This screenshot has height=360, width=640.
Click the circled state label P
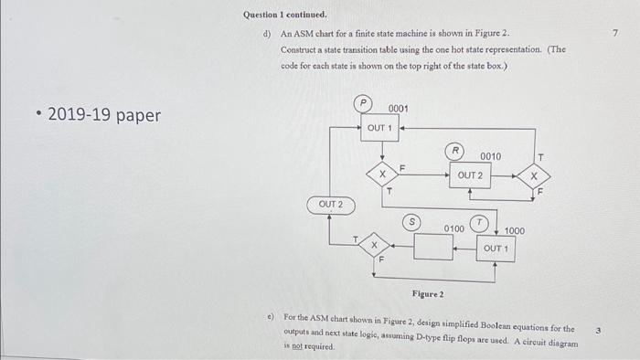pos(364,105)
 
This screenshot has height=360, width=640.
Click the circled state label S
pos(413,221)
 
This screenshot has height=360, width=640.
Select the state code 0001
pos(398,109)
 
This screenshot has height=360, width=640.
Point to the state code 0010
pos(490,156)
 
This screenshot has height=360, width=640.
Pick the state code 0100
pos(454,228)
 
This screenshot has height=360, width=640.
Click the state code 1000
pos(515,232)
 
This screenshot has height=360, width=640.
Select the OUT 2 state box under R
pos(470,175)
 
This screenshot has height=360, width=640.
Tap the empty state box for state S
pos(434,248)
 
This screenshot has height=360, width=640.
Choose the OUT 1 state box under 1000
pos(496,249)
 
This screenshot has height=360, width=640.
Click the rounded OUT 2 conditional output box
pos(332,205)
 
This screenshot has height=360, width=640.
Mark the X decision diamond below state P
pos(382,174)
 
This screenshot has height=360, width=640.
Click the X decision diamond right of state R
pos(535,174)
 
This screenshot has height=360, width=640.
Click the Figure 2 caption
pos(427,294)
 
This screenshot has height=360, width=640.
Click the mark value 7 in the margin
pos(616,34)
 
